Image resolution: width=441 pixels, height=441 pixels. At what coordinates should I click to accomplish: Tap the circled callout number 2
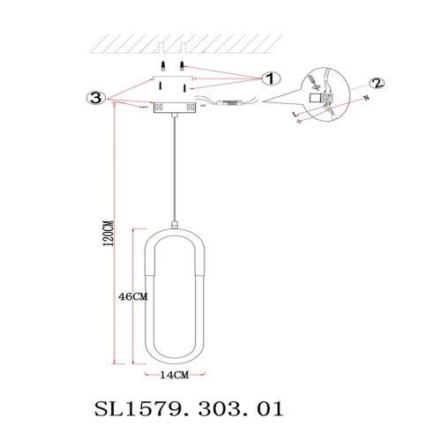pos(377,84)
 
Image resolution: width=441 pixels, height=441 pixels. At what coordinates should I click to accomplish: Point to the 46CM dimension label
pos(131,297)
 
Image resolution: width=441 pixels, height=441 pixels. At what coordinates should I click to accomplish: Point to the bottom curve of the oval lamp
pos(176,362)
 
